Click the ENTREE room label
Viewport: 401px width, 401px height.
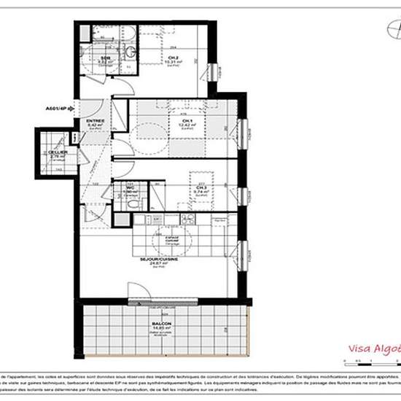coord(96,121)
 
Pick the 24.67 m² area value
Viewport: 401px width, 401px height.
coord(154,264)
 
